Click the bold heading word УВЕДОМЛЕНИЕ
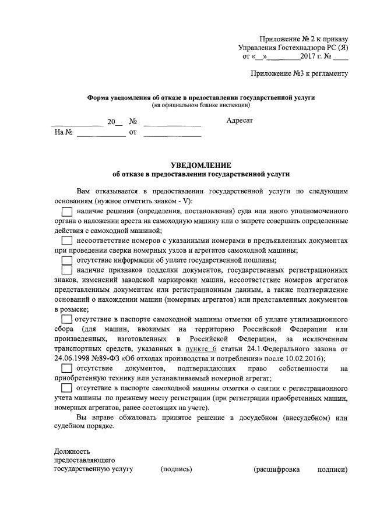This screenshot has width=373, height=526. [x=200, y=165]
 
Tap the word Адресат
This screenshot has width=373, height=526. [x=240, y=121]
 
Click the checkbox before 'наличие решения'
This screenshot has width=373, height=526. [x=67, y=210]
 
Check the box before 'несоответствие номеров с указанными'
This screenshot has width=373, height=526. [x=67, y=240]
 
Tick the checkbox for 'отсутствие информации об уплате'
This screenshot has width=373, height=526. [x=67, y=260]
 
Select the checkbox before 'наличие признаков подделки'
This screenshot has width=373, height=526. [x=67, y=270]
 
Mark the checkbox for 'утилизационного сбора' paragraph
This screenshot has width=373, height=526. [x=67, y=319]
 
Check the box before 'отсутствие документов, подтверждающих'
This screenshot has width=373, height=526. [x=67, y=368]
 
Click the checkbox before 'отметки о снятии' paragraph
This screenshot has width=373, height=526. [x=67, y=388]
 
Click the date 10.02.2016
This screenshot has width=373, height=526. [x=306, y=358]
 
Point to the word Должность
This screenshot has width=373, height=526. [x=72, y=451]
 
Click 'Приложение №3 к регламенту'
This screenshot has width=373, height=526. [x=299, y=73]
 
